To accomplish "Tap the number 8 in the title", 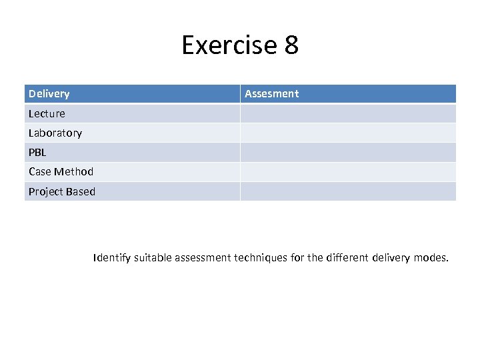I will (291, 45).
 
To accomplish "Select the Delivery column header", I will (49, 94).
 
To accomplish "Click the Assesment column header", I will (271, 94).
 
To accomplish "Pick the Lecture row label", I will (47, 113).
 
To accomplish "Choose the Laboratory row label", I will (55, 133).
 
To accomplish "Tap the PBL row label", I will (37, 152).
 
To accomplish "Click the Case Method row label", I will (61, 171).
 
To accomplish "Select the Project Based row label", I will (61, 191).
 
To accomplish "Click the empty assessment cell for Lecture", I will (348, 113).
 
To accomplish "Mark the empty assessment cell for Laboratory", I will (348, 133).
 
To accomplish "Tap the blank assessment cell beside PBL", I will (348, 152).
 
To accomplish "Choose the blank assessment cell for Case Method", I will (348, 171).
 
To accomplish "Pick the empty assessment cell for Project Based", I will (348, 191).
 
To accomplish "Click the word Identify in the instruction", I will (112, 257).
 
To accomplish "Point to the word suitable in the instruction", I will (153, 257).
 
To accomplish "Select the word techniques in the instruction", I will (261, 257).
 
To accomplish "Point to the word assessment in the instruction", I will (203, 257).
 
